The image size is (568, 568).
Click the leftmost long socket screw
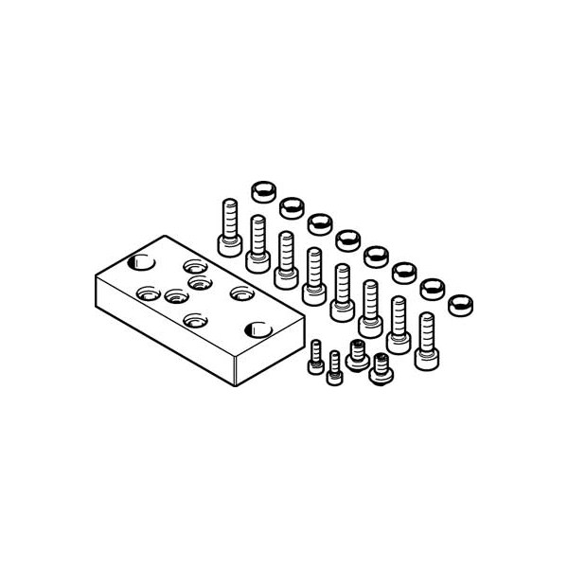coord(227,227)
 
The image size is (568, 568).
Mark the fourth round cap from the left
coord(347,238)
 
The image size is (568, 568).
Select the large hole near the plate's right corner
coord(257,329)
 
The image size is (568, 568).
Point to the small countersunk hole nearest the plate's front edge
coord(194,320)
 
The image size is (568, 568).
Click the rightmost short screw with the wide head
coord(382,365)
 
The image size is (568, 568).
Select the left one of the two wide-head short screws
coord(358,352)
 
